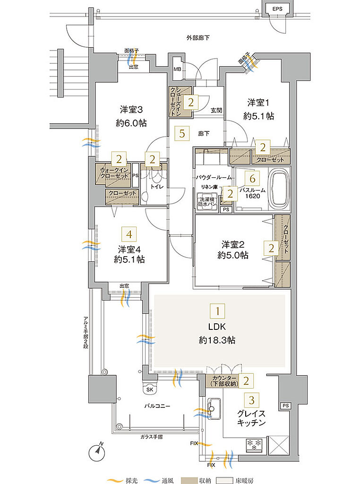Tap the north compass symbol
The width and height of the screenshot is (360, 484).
click(97, 451)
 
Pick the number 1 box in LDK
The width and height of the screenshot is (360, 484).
click(218, 311)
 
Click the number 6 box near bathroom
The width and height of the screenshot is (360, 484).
click(252, 178)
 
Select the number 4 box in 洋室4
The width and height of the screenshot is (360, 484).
click(128, 233)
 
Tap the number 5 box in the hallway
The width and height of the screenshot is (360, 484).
click(182, 134)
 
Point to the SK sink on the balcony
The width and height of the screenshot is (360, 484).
click(150, 389)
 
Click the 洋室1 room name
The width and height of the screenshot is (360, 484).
click(257, 102)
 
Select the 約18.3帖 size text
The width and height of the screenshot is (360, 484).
click(217, 340)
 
